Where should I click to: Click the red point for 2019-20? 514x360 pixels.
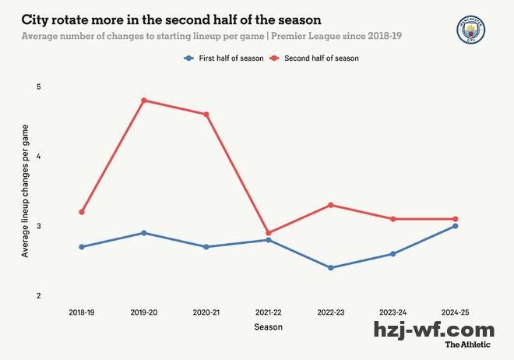coord(144,101)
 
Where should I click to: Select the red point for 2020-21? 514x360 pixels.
coord(206,115)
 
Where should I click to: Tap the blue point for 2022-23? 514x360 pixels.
coord(331,268)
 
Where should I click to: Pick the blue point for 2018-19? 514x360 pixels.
coord(82,247)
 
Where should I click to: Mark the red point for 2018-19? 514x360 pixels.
coord(82,212)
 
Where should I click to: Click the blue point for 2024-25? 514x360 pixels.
coord(456,226)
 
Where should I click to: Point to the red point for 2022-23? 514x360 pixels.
coord(331,205)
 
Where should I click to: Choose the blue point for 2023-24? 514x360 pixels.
coord(393,254)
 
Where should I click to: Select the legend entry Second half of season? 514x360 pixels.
coord(321,58)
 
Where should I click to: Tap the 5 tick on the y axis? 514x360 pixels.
coord(38,86)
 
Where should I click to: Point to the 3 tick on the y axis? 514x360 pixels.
coord(38,226)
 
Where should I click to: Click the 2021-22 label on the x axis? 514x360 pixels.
coord(269,312)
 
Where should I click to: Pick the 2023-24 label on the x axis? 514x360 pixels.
coord(393,312)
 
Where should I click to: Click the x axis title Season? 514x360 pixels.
coord(269,327)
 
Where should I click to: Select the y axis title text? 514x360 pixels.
coord(25,191)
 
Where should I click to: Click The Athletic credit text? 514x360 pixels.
coord(468,344)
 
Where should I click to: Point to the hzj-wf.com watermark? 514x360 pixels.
coord(434,330)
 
